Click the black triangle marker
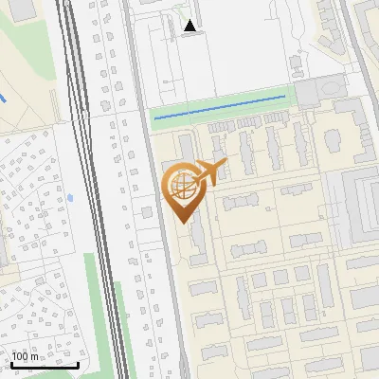pos(191,27)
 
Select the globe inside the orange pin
pos(180,186)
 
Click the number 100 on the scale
pos(26,357)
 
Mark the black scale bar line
pos(44,365)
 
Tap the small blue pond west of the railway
pos(70,198)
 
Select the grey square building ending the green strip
pos(309,93)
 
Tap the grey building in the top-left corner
pos(19,9)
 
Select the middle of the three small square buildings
pos(281,278)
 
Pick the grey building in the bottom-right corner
pos(364,365)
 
